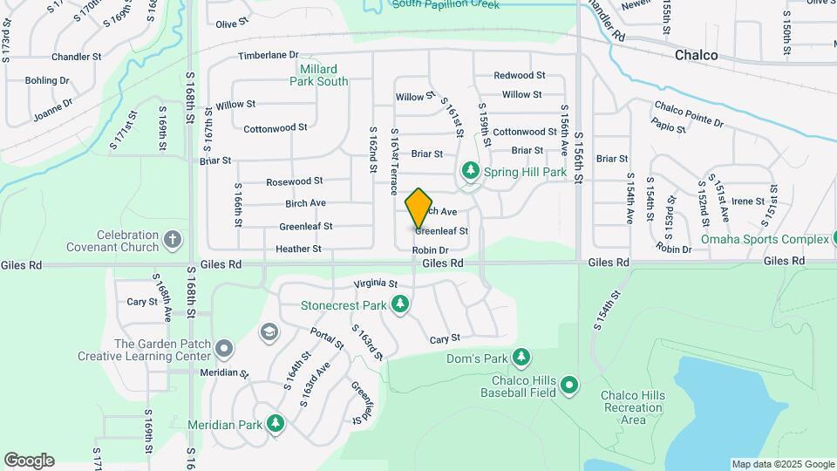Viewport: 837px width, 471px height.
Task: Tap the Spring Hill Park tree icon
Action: [x=471, y=171]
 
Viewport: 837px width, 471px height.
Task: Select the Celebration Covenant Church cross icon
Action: [x=173, y=239]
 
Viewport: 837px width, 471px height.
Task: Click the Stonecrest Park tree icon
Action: [x=400, y=304]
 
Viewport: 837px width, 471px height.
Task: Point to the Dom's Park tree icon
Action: [x=521, y=357]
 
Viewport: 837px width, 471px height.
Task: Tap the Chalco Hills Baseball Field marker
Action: [x=569, y=384]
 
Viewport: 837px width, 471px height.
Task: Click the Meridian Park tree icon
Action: [x=276, y=424]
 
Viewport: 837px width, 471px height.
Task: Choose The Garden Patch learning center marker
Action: [x=224, y=349]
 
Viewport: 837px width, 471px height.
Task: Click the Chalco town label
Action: [x=696, y=55]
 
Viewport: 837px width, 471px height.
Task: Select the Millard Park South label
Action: [x=318, y=75]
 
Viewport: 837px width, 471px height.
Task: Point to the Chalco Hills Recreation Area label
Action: [x=632, y=408]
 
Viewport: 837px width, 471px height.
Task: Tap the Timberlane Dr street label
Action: [x=269, y=55]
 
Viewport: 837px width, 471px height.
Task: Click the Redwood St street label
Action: [x=519, y=76]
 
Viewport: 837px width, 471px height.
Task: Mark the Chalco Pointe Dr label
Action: [x=689, y=113]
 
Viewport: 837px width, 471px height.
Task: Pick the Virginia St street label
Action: [x=375, y=284]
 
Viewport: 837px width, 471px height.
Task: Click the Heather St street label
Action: [x=298, y=249]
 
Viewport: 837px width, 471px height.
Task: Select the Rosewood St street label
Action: [x=295, y=181]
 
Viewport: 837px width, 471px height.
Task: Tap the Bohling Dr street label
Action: [x=47, y=80]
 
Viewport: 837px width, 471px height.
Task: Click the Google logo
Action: [x=29, y=461]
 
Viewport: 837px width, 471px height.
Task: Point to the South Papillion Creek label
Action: [x=445, y=4]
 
